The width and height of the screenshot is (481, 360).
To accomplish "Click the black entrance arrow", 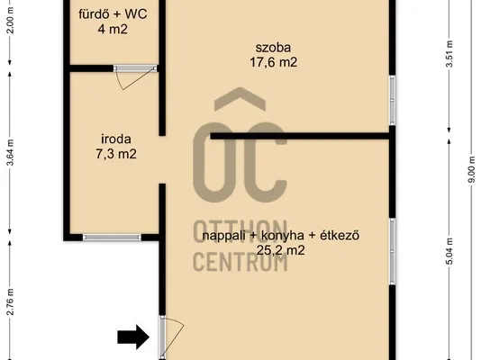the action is point(133,337).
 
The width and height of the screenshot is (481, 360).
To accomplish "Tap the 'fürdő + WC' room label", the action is point(113,14).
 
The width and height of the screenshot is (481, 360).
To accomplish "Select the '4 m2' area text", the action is point(113,30).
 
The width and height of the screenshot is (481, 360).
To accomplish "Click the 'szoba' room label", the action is point(273,48).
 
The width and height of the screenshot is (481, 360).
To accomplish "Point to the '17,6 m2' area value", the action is point(273,62).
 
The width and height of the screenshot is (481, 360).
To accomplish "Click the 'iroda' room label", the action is point(116,139).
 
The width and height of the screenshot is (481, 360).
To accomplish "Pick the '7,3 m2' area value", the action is point(116,154).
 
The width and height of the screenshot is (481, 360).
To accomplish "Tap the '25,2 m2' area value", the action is point(281,250).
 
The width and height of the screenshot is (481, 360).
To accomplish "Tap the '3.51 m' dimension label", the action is point(449,54).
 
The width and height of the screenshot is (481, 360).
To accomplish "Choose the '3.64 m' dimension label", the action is point(11,152).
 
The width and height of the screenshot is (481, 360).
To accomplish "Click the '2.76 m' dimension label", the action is point(11,301).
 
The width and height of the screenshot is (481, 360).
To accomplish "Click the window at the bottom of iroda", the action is point(112,237).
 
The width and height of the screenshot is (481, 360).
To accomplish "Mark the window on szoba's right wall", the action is point(392,100).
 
